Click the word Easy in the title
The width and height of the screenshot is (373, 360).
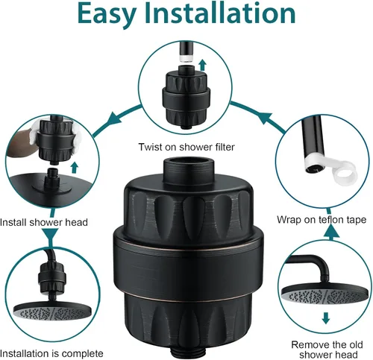(x=107, y=14)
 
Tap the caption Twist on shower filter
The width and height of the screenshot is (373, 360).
(x=186, y=147)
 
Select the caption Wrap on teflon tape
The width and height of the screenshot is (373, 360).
(x=322, y=220)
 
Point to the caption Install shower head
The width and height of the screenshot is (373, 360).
(x=44, y=222)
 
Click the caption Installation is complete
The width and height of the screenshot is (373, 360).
(x=51, y=353)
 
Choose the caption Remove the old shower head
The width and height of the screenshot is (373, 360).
(x=327, y=350)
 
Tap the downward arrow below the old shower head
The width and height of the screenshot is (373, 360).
(x=326, y=318)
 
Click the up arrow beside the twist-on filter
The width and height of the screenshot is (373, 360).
(x=203, y=65)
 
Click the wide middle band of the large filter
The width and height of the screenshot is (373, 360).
(x=188, y=262)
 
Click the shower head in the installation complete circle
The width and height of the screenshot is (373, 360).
(x=52, y=312)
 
